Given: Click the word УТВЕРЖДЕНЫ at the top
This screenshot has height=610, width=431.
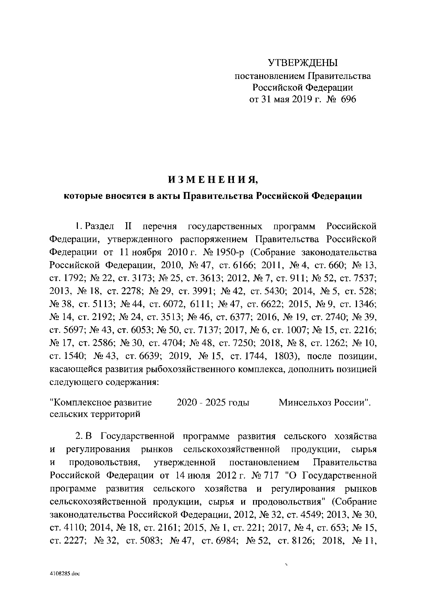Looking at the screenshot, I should pyautogui.click(x=302, y=63).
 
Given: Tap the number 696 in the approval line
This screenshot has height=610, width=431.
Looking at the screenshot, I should pyautogui.click(x=349, y=99).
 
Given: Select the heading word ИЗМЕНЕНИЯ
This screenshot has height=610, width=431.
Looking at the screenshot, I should pyautogui.click(x=213, y=180).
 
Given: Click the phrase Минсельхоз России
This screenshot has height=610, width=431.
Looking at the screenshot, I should pyautogui.click(x=323, y=402).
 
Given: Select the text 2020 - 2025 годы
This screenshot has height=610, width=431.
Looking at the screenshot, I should pyautogui.click(x=213, y=402).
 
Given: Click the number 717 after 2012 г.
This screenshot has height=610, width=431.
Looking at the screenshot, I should pyautogui.click(x=271, y=475).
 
